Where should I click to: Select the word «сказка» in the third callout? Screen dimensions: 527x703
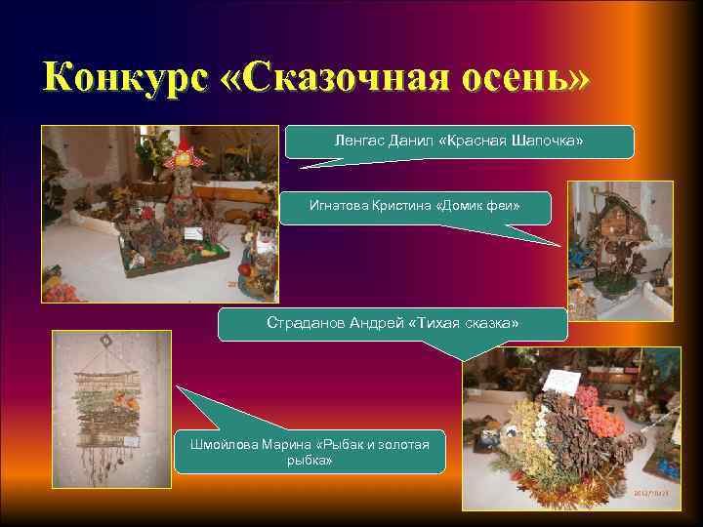point(494,322)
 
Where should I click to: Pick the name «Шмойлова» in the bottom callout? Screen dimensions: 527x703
point(224,445)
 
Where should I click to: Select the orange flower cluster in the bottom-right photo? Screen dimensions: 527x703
point(601,422)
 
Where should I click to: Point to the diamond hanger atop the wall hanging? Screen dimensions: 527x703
point(106,343)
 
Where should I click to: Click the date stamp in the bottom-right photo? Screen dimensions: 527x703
point(652,492)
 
